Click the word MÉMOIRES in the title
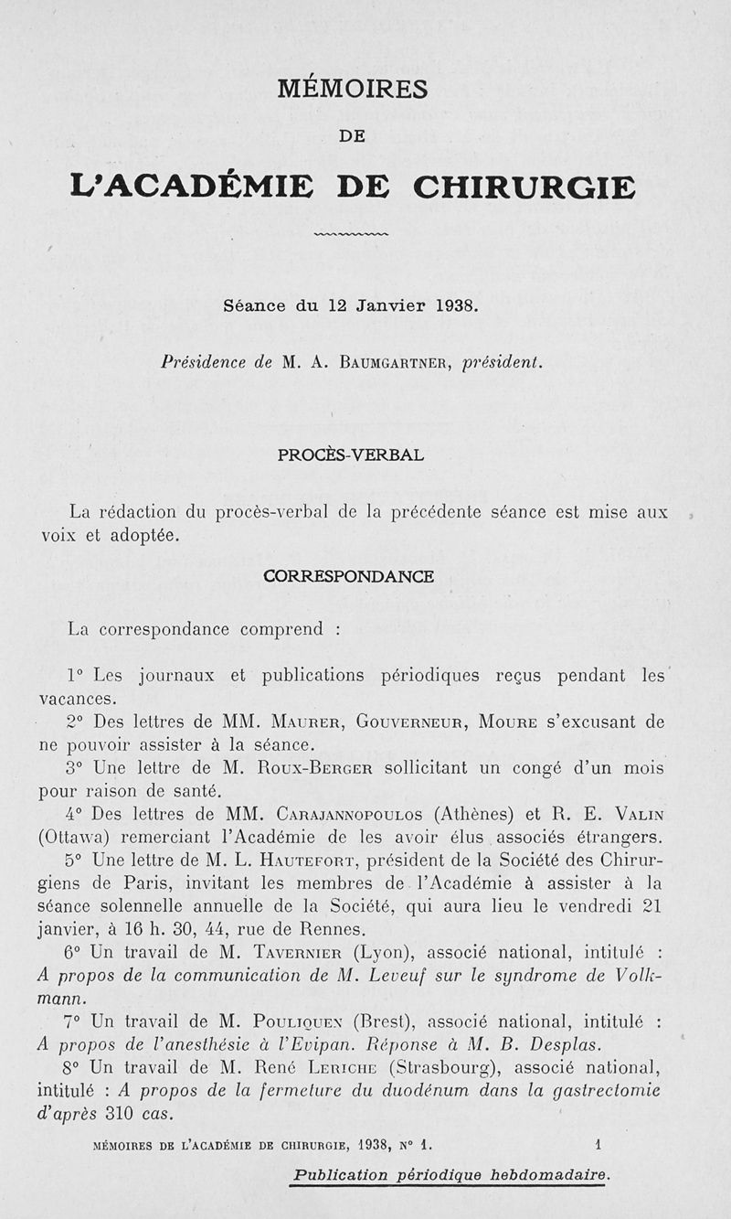352,89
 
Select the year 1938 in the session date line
454,306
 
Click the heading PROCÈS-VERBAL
351,454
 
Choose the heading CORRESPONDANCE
348,576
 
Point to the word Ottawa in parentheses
76,837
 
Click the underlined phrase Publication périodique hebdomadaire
450,1175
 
